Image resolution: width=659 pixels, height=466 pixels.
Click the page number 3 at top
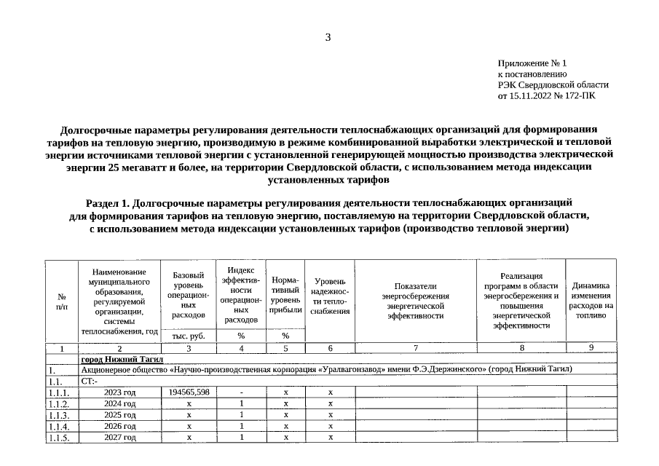[328, 37]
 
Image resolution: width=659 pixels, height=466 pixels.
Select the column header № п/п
[61, 301]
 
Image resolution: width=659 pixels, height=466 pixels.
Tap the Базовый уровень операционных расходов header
[189, 295]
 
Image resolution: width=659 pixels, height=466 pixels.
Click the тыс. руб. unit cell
[189, 336]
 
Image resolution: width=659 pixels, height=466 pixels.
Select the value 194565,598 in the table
[189, 392]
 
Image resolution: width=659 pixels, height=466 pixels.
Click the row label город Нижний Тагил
[122, 359]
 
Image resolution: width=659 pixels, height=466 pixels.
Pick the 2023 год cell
[119, 392]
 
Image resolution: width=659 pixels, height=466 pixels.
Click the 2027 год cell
[119, 437]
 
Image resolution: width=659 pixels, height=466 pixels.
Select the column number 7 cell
[415, 348]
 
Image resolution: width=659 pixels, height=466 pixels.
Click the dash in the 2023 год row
[241, 392]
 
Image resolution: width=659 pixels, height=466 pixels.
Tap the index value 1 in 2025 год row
[241, 414]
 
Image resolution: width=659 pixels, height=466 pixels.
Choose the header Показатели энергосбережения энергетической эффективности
[415, 301]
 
